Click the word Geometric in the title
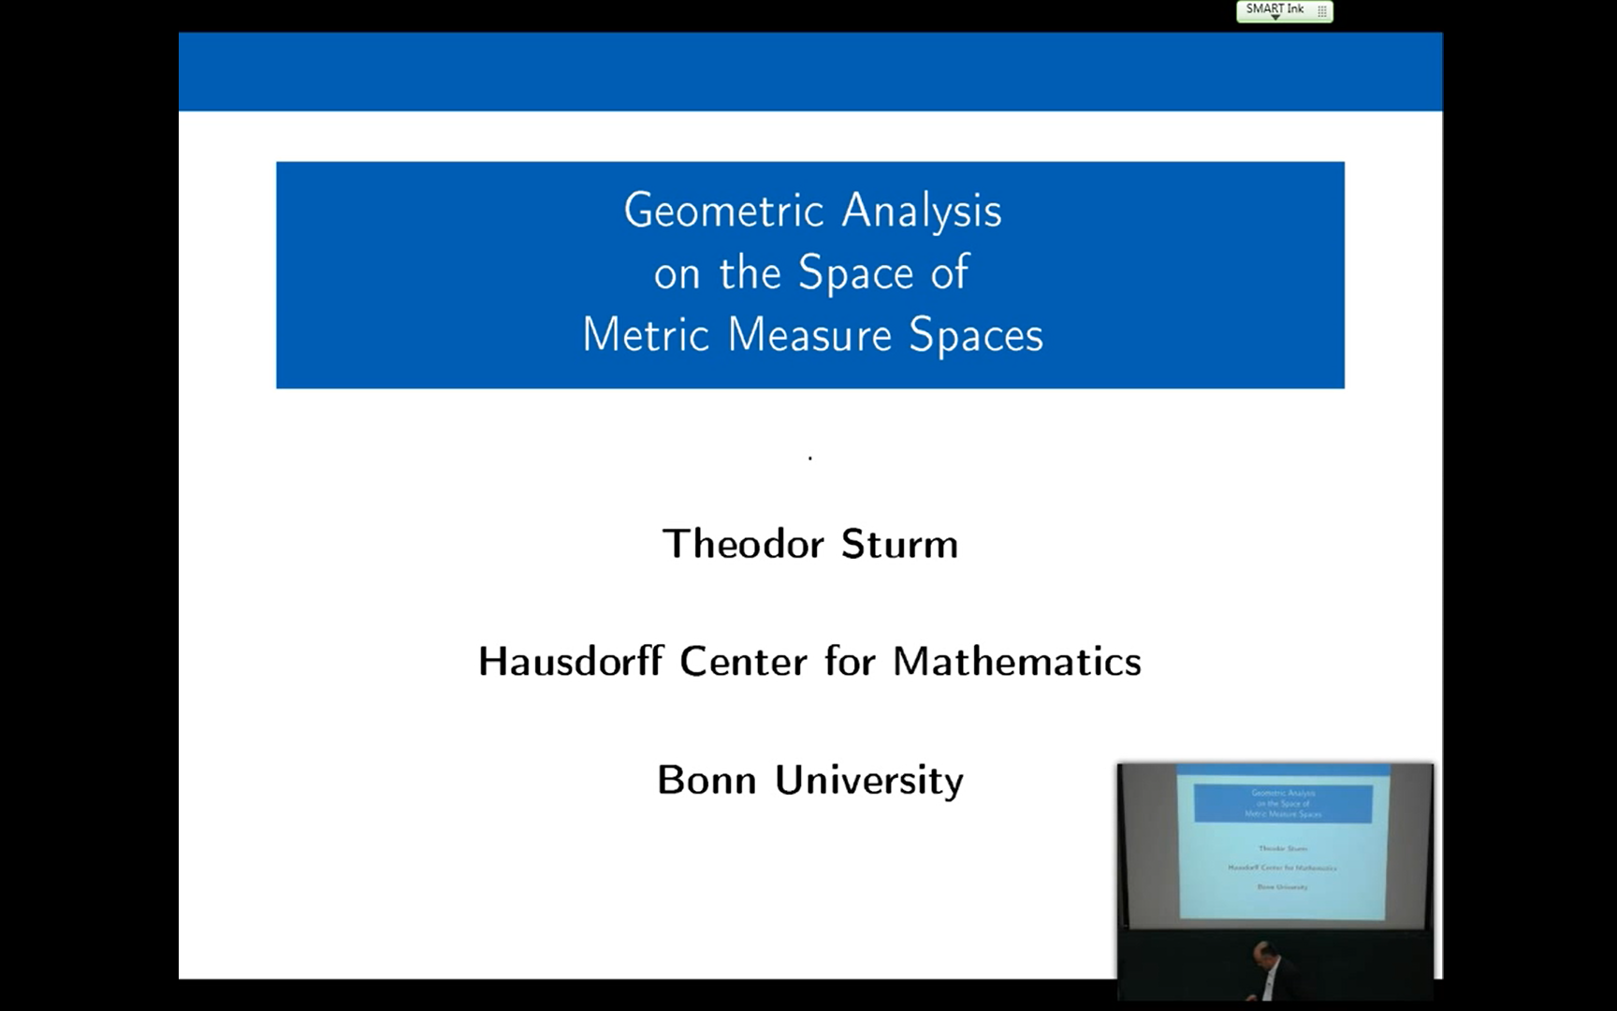point(725,211)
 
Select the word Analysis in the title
point(922,211)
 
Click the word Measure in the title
point(809,335)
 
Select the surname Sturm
point(899,544)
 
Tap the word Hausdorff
point(571,662)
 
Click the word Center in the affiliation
point(743,662)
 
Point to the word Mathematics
point(1017,662)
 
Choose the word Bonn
point(707,780)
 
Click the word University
point(869,781)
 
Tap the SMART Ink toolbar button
point(1275,9)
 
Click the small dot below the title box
point(810,458)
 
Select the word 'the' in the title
point(750,273)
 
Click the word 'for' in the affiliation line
point(850,662)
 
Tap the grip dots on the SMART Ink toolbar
point(1322,11)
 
